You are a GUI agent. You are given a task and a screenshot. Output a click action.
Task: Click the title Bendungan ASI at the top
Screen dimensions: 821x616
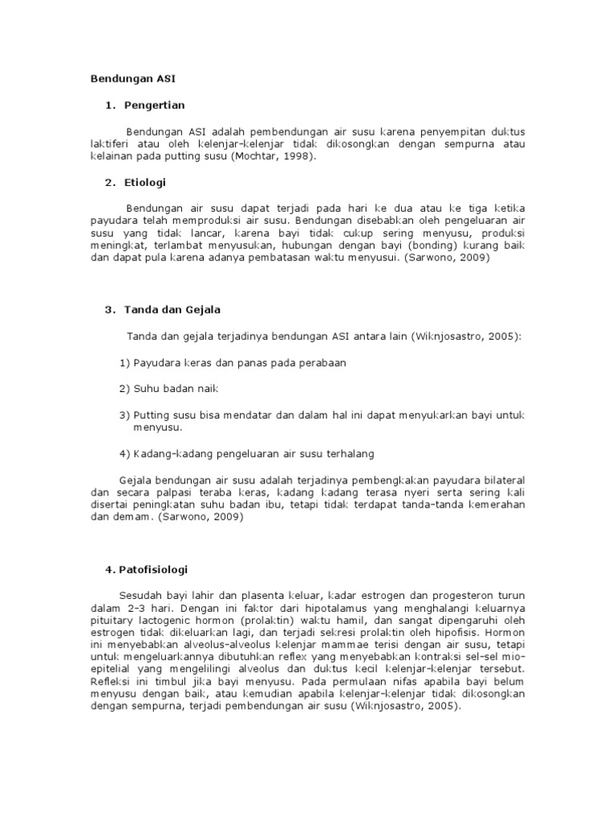click(x=132, y=79)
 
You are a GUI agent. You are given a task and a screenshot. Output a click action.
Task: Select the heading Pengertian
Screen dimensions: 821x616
click(x=156, y=105)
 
